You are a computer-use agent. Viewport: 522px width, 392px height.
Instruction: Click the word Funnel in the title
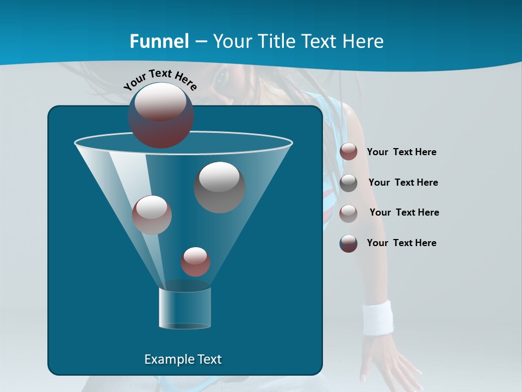point(159,41)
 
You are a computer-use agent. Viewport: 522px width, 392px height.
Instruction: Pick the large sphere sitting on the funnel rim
point(161,115)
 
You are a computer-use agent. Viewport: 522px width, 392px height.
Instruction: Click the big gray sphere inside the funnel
point(219,187)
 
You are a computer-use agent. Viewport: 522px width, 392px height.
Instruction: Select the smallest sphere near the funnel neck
point(195,262)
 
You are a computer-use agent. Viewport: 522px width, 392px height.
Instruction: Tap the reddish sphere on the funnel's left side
point(152,215)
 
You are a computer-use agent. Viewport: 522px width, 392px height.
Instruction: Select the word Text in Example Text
point(208,359)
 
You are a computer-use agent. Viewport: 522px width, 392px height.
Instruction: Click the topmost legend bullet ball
point(349,152)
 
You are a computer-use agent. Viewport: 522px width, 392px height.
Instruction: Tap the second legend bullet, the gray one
point(349,183)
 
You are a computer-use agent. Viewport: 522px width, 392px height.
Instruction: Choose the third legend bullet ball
point(349,213)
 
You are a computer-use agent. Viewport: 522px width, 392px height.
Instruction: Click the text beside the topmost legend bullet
point(401,152)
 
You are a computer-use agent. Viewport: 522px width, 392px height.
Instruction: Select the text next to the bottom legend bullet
point(401,243)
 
